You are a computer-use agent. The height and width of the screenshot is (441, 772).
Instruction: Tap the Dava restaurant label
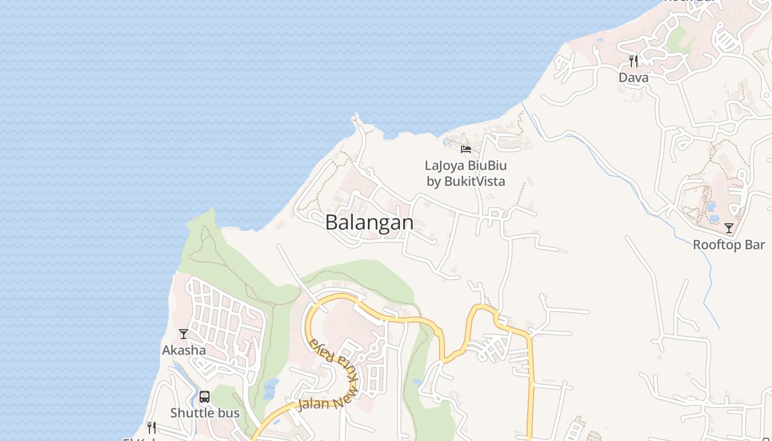click(x=634, y=78)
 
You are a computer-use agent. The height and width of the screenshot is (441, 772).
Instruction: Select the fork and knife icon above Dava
click(x=634, y=61)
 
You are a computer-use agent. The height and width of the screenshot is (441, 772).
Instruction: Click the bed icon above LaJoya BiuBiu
click(x=466, y=149)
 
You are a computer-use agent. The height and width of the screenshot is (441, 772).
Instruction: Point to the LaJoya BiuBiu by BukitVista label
click(x=466, y=173)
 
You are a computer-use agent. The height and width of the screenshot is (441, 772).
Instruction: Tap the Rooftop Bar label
click(x=729, y=245)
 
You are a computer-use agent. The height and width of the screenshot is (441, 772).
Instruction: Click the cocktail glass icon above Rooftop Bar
click(x=729, y=228)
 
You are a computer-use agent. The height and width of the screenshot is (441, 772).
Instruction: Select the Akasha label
click(x=184, y=350)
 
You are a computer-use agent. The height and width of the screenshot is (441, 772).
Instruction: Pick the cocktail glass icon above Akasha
click(x=184, y=334)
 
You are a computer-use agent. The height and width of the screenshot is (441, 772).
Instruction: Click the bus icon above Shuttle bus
click(x=205, y=397)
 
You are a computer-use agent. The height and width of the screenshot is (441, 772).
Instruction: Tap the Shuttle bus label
click(x=205, y=413)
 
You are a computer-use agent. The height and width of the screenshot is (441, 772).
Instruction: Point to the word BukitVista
click(x=475, y=181)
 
